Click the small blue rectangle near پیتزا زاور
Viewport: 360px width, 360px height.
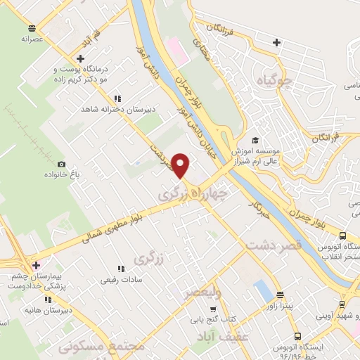pyautogui.click(x=262, y=289)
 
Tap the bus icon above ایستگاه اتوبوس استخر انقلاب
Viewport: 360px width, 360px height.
pyautogui.click(x=342, y=236)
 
